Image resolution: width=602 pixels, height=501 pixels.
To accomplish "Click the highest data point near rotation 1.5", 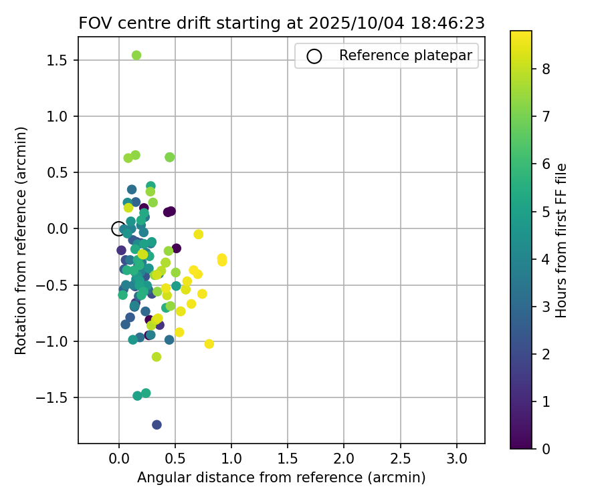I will (x=136, y=55).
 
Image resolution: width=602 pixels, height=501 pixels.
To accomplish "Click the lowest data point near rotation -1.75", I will (x=157, y=425).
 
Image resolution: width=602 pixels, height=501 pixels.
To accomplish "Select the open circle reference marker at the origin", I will (x=118, y=228).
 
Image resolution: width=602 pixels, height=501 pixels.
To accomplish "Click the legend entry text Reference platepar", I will (x=405, y=55).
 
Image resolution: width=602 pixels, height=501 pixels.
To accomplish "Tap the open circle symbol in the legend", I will (x=314, y=56).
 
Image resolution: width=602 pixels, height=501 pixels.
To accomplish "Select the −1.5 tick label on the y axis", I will (x=57, y=397).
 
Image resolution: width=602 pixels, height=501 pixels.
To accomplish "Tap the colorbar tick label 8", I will (x=546, y=68).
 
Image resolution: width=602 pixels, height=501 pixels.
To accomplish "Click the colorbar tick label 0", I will (x=546, y=448).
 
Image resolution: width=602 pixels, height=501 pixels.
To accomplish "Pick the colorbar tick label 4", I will (x=546, y=259).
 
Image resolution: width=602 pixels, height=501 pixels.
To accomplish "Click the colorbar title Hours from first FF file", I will (x=561, y=240).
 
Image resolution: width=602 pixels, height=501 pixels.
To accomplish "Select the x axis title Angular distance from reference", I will (x=281, y=478).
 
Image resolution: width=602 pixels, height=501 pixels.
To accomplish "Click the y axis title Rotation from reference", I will (x=21, y=240).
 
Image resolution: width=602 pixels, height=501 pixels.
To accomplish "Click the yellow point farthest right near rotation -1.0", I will (x=209, y=344).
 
